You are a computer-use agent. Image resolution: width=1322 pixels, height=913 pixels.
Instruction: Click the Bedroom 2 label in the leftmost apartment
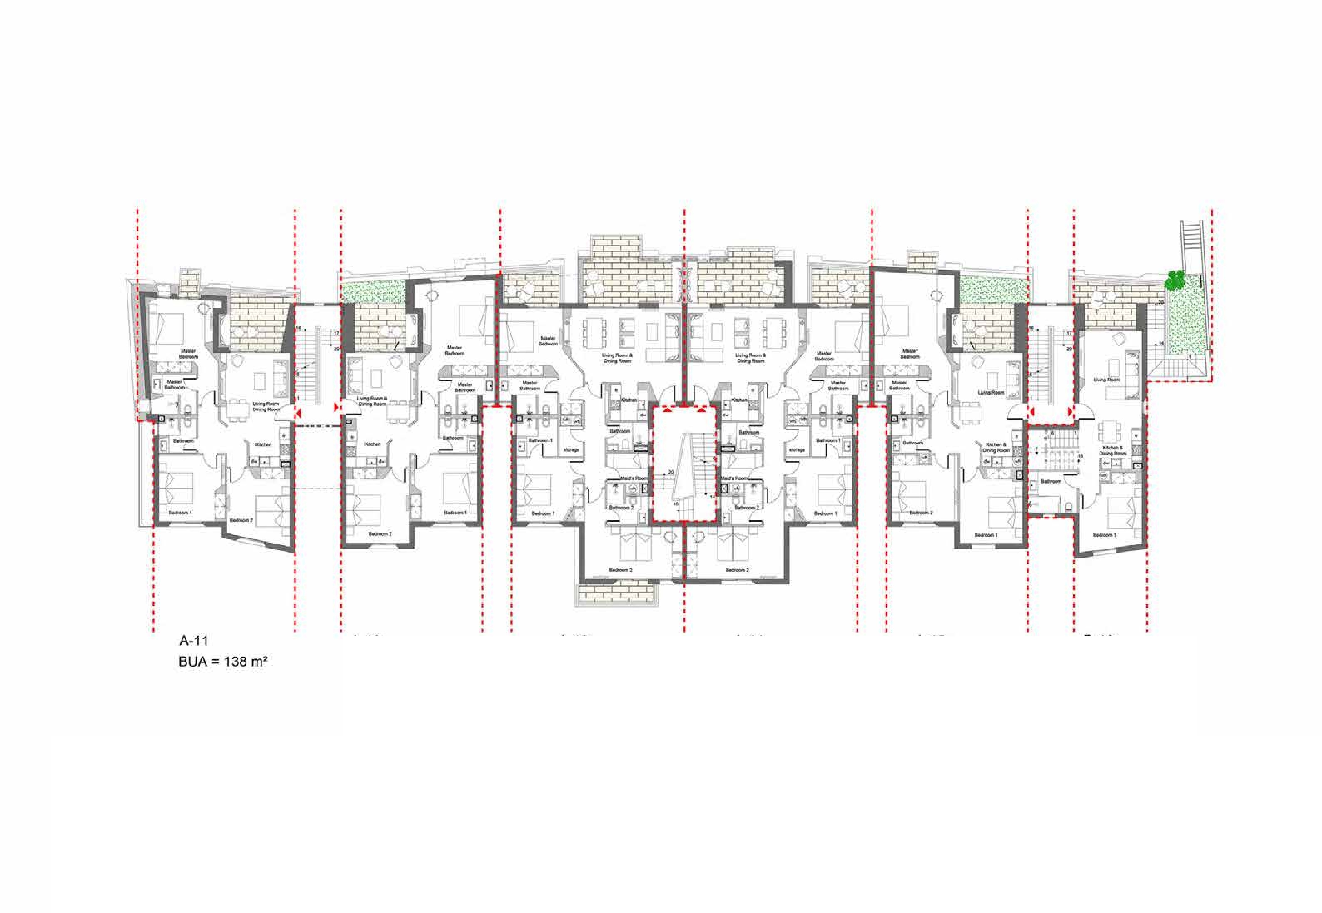[x=241, y=520]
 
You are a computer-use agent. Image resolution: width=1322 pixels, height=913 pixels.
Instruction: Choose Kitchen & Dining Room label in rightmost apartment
[x=1113, y=450]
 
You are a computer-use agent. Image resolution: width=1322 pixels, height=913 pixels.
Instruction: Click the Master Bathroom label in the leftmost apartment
[x=174, y=384]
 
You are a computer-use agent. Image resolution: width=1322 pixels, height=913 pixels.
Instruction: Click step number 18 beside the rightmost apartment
[x=1079, y=456]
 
